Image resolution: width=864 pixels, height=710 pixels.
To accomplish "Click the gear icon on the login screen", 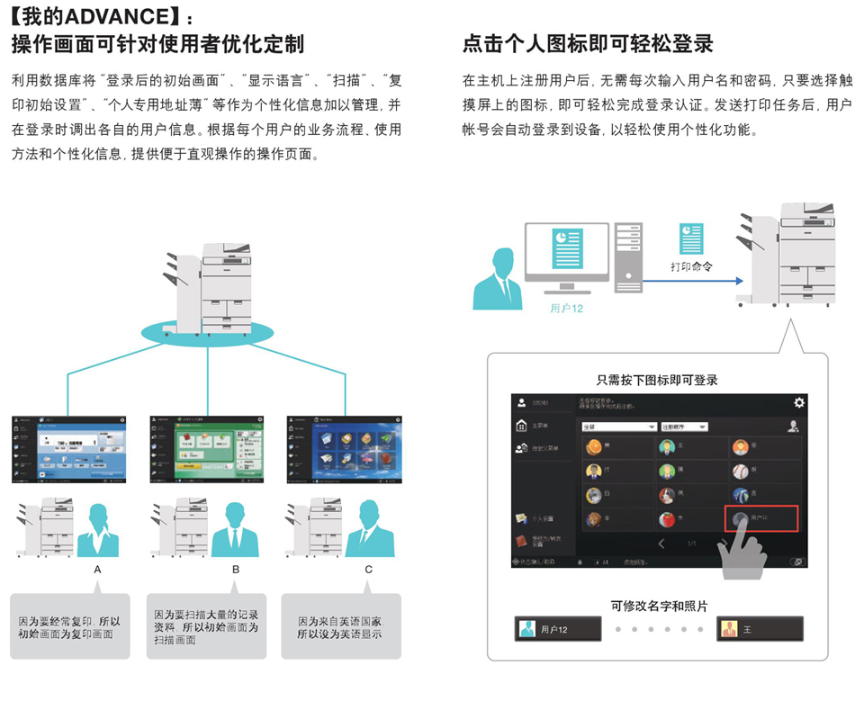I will tap(798, 403).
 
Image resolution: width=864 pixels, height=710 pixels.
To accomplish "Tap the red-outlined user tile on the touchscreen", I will tap(761, 518).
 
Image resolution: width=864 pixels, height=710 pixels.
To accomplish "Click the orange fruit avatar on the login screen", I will tap(594, 447).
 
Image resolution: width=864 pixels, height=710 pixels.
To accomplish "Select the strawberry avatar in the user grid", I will tap(667, 519).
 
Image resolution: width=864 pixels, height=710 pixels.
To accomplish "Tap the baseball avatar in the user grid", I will tap(740, 471).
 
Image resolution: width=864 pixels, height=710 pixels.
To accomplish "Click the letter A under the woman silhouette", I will tap(98, 570).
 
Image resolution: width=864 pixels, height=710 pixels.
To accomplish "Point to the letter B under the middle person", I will tap(236, 570).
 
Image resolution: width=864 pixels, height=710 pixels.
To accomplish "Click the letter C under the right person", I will tap(368, 570).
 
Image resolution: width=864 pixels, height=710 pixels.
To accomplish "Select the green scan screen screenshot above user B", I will tap(208, 448).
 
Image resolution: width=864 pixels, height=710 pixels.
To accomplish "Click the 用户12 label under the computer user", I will tap(567, 308).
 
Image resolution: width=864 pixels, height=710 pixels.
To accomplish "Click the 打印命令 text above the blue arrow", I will tap(692, 267).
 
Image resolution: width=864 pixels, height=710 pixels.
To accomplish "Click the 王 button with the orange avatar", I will tap(760, 629).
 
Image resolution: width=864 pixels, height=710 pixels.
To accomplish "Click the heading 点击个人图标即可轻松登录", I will tap(588, 43).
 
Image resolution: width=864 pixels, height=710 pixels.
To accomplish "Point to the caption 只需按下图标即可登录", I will tap(657, 381).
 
